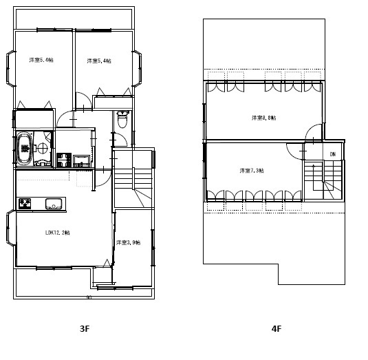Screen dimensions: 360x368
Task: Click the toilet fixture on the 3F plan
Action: [x=122, y=120]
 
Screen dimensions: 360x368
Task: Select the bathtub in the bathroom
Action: [x=25, y=148]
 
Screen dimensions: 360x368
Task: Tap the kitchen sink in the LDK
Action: [x=54, y=204]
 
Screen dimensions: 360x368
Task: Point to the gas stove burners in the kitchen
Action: [x=25, y=204]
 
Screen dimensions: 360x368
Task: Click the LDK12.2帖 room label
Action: [x=57, y=233]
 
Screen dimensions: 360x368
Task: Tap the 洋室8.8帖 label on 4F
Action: [x=263, y=118]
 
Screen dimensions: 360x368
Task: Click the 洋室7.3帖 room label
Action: [x=252, y=170]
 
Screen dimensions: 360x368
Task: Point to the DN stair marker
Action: [x=332, y=153]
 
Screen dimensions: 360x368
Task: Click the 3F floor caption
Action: [x=85, y=329]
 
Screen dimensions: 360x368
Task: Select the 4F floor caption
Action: [x=276, y=329]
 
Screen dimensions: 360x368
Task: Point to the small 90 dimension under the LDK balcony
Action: [x=88, y=297]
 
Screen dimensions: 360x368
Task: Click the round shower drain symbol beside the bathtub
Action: [x=42, y=148]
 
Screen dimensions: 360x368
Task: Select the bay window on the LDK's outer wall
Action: [x=9, y=229]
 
